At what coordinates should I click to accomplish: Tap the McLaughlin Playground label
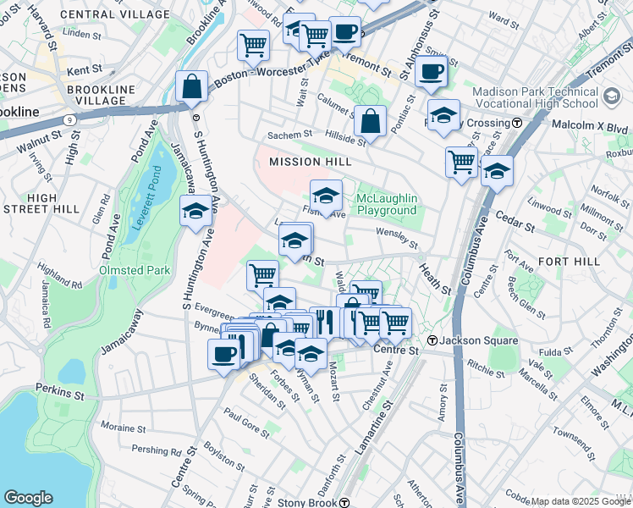(x=387, y=204)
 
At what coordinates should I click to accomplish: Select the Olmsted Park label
(x=135, y=271)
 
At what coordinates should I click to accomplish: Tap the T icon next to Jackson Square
(x=432, y=340)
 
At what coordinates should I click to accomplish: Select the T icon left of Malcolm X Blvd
(x=516, y=123)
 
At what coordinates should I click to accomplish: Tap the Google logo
(x=28, y=498)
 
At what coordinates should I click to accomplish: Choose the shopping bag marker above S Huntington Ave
(x=192, y=87)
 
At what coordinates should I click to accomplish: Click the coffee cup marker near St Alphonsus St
(x=431, y=71)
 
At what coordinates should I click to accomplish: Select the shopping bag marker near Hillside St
(x=370, y=121)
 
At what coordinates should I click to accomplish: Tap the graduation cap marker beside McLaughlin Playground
(x=326, y=196)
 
